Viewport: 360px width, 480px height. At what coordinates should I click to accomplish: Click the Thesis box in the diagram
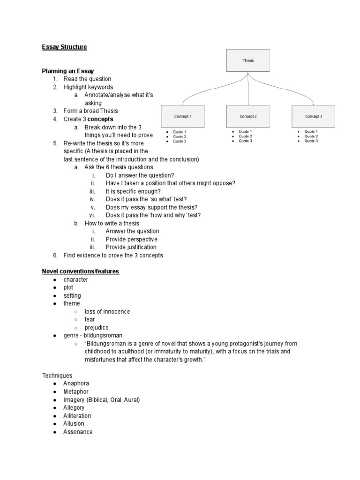coord(248,60)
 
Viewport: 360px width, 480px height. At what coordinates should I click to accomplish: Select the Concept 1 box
coord(182,116)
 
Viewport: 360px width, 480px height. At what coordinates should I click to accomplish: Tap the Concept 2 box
coord(248,116)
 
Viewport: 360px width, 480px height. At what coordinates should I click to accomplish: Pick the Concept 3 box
coord(313,116)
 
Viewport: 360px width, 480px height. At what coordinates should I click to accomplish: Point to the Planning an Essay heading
coord(68,71)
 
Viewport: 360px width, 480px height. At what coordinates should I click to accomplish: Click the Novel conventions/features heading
coord(81,271)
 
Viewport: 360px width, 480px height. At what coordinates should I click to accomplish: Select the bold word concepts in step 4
coord(100,119)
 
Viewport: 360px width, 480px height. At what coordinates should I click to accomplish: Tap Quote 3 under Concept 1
coord(180,141)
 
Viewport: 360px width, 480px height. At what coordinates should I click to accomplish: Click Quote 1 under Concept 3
coord(311,132)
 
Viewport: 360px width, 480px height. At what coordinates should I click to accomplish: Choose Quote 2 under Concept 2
coord(245,136)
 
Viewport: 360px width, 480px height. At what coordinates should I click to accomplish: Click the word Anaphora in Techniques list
coord(76,383)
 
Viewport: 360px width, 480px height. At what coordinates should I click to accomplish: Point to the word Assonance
coord(78,432)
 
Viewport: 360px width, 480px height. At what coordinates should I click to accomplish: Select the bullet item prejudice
coord(97,328)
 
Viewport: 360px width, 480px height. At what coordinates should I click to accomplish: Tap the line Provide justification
coord(131,247)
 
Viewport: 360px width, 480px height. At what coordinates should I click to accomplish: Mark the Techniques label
coord(57,375)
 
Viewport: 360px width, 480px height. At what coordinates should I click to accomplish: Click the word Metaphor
coord(76,391)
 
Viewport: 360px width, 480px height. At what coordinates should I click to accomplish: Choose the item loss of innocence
coord(107,312)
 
